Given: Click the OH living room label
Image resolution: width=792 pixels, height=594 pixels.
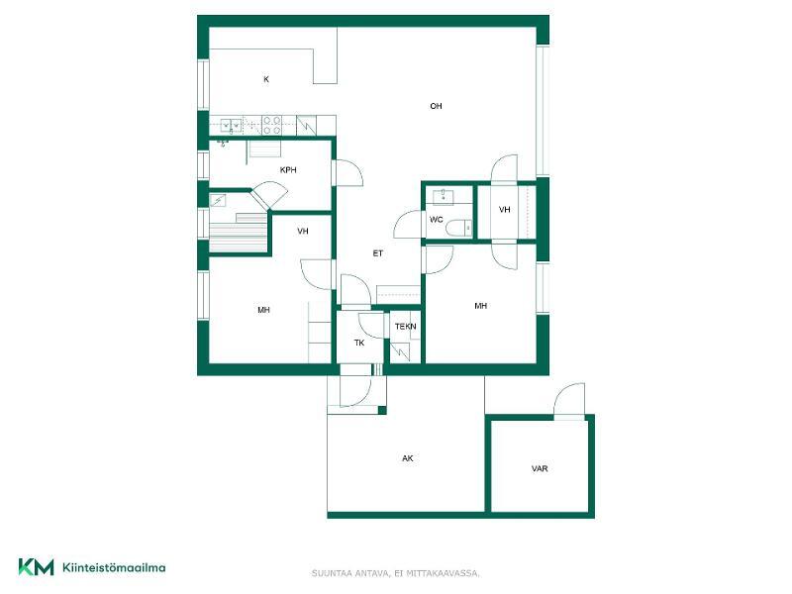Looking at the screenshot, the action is (x=436, y=106).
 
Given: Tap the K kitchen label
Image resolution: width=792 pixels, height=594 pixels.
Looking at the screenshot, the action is (x=266, y=79).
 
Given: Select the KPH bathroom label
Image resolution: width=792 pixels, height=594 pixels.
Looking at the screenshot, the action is (x=288, y=170).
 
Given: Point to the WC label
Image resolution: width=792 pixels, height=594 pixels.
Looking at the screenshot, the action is (x=436, y=219).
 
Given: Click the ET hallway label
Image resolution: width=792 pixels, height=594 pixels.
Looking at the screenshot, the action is (x=378, y=253).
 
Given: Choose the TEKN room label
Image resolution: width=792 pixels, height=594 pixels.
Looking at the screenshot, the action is (x=406, y=327).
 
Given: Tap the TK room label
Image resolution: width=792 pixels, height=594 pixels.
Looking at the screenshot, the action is (x=359, y=343).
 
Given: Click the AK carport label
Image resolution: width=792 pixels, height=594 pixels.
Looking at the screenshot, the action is (x=408, y=458).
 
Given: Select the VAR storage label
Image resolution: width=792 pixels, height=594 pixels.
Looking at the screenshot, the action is (x=540, y=468).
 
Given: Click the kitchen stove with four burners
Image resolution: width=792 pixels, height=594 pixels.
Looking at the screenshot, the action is (x=271, y=126).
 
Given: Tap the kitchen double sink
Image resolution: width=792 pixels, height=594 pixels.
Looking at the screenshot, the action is (x=231, y=125).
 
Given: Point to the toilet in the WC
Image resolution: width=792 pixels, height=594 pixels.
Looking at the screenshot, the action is (x=458, y=229).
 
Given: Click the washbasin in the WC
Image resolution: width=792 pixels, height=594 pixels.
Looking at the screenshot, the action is (x=444, y=197).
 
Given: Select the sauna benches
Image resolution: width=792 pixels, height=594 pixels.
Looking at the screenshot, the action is (x=238, y=233).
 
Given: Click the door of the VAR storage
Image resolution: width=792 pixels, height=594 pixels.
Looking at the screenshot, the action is (x=569, y=402).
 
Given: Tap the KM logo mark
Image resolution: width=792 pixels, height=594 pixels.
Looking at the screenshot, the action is (x=36, y=567).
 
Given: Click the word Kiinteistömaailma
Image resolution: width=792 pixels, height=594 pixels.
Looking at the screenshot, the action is (x=114, y=567).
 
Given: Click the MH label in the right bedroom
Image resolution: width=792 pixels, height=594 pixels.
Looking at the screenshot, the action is (x=481, y=306).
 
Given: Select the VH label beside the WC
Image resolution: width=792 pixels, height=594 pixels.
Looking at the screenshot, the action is (x=505, y=210).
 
